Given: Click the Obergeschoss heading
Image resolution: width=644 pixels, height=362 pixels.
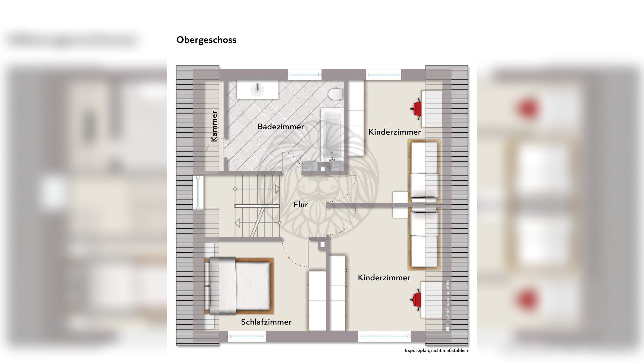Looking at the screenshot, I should tap(206, 40).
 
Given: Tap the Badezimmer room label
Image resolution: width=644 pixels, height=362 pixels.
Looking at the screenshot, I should tap(281, 127).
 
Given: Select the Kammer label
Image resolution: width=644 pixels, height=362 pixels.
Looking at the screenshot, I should tap(214, 126).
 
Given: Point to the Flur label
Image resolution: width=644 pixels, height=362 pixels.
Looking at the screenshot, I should tap(301, 205).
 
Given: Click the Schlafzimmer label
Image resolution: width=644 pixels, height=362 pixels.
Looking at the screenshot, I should tap(266, 322).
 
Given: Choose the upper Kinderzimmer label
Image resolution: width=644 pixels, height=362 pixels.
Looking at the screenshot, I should tap(394, 132).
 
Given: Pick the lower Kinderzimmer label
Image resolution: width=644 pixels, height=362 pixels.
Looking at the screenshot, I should tap(384, 278).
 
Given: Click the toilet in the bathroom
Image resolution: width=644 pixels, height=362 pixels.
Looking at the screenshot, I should tap(336, 94).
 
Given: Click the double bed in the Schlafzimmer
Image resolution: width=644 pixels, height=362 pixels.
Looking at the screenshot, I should tap(238, 286).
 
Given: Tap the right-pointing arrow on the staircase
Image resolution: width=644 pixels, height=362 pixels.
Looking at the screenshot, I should tap(277, 189).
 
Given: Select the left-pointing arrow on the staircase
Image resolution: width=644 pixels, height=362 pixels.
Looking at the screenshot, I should tap(237, 223).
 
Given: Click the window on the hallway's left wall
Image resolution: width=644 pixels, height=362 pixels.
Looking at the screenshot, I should tap(198, 192).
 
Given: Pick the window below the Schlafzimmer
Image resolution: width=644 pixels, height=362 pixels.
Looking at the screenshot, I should tap(247, 336).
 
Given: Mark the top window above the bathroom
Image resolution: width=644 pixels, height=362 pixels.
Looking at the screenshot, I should tap(304, 74).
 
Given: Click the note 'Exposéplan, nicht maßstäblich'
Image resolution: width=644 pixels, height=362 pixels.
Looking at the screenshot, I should tap(436, 350).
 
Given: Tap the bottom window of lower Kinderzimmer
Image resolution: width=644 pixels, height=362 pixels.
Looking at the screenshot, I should tap(384, 336).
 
